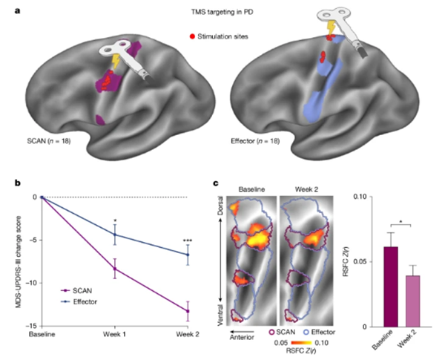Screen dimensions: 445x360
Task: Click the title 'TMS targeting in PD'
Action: [x=222, y=12]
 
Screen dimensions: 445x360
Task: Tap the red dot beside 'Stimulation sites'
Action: [x=192, y=36]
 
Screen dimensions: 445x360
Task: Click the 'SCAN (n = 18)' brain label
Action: [x=49, y=141]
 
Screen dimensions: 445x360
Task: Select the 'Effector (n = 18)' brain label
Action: [x=255, y=141]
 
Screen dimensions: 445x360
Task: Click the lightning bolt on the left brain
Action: [x=115, y=62]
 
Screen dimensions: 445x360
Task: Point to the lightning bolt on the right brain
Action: [x=331, y=28]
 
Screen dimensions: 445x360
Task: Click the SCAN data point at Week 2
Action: [x=188, y=311]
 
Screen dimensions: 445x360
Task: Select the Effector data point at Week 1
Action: [x=115, y=235]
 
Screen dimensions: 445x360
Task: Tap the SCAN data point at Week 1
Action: [x=115, y=269]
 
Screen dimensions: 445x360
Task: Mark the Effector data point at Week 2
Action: [x=188, y=255]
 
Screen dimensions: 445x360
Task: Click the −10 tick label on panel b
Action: [x=31, y=283]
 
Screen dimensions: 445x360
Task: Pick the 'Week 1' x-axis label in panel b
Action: [x=114, y=334]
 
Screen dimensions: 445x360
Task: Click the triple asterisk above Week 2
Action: [x=188, y=240]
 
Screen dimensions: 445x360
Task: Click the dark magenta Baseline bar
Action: [x=391, y=287]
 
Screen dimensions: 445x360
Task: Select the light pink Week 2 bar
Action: [x=413, y=301]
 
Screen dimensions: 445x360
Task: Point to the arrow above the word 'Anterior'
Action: [x=242, y=331]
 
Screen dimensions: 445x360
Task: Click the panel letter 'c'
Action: [x=215, y=183]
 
